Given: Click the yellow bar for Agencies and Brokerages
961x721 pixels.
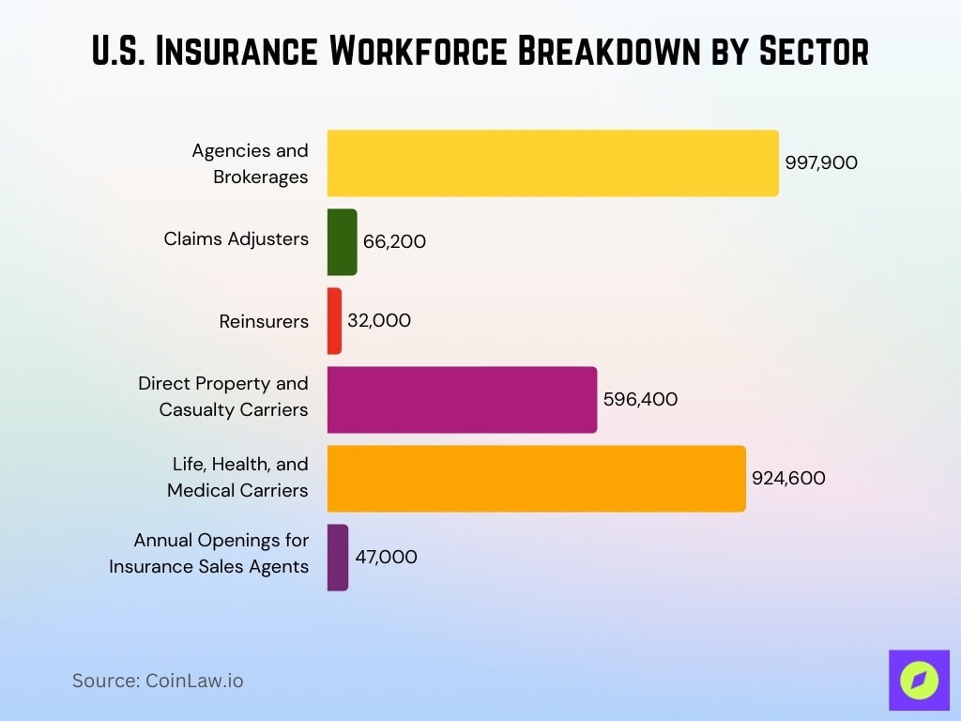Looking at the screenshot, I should pos(553,163).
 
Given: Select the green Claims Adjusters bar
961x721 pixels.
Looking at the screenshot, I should pos(342,242).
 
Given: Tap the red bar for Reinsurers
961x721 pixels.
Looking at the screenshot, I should pos(334,321).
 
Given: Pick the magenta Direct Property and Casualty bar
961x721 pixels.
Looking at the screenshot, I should pos(462,400).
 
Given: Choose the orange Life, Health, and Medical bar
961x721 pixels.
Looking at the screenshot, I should pos(536,479).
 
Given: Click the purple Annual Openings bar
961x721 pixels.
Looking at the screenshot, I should pos(338,558).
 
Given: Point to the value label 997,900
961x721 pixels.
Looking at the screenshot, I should pos(821,163).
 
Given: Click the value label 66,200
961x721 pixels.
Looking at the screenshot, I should pos(394,242).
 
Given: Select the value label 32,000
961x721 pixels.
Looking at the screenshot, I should pos(379,321).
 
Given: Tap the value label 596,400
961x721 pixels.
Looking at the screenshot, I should pos(640,400).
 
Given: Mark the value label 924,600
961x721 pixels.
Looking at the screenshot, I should pos(788,479).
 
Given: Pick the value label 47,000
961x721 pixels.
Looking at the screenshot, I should pos(386,558).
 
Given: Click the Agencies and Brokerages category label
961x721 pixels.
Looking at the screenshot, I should pos(251,163).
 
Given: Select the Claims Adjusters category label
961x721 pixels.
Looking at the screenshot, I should pos(236,239).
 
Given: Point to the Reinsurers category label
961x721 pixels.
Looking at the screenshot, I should pos(264,321).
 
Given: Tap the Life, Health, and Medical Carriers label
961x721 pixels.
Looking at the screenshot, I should pos(238,477).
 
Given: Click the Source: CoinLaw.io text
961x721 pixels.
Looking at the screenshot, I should pos(158,682).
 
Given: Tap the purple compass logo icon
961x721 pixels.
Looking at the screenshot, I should pos(919,680).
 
